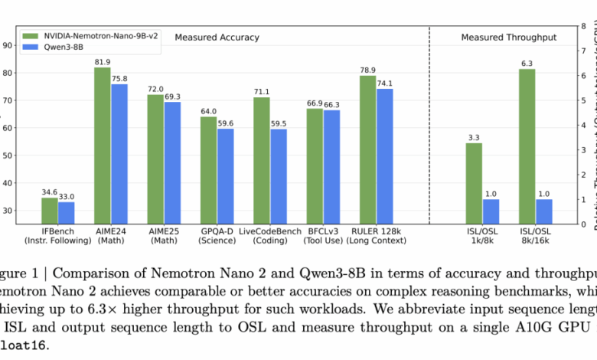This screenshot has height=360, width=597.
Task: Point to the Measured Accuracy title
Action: pyautogui.click(x=217, y=37)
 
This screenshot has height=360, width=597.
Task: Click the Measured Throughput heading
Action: pyautogui.click(x=508, y=37)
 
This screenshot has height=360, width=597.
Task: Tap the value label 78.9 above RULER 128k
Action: pyautogui.click(x=367, y=70)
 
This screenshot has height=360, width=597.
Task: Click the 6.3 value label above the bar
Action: pyautogui.click(x=527, y=63)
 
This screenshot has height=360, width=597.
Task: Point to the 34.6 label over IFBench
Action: pyautogui.click(x=50, y=191)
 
